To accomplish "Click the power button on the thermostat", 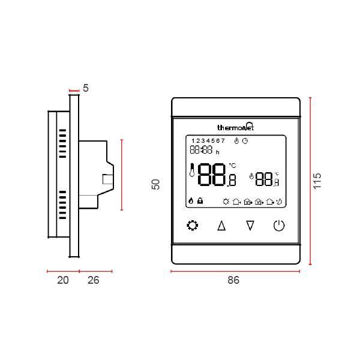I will pyautogui.click(x=279, y=226).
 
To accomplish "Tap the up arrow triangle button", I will pyautogui.click(x=221, y=226).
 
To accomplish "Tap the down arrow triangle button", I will pyautogui.click(x=250, y=226).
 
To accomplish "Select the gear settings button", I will pyautogui.click(x=192, y=226).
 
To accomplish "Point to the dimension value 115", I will pyautogui.click(x=318, y=181).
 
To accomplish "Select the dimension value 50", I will pyautogui.click(x=156, y=184).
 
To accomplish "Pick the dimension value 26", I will pyautogui.click(x=94, y=280).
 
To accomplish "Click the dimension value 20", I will pyautogui.click(x=63, y=280).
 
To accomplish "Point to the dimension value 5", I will pyautogui.click(x=86, y=88).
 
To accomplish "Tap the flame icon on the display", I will pyautogui.click(x=191, y=202).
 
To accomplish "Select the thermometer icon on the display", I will pyautogui.click(x=192, y=171).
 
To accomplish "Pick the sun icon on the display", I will pyautogui.click(x=226, y=202).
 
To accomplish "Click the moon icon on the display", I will pyautogui.click(x=280, y=202).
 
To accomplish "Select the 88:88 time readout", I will pyautogui.click(x=202, y=150).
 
